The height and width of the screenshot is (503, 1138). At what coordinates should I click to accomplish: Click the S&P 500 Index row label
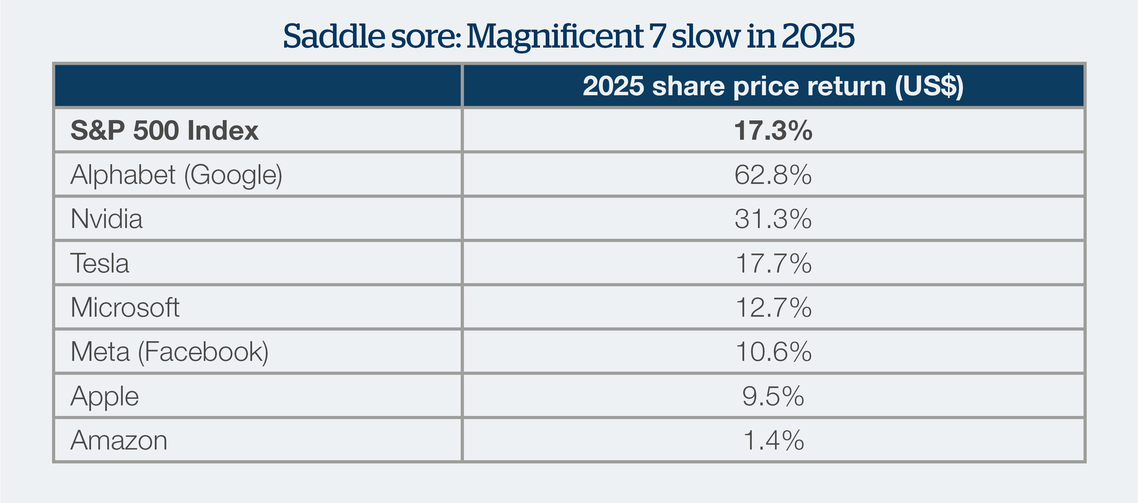(x=164, y=130)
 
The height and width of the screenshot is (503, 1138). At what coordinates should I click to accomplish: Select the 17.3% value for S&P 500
(x=773, y=130)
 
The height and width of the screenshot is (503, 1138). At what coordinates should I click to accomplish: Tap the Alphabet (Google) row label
(x=176, y=175)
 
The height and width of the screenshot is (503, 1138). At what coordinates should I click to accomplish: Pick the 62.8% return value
(x=773, y=175)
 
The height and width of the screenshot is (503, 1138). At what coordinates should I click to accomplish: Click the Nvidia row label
(x=107, y=219)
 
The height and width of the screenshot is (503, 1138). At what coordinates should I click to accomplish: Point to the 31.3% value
(x=773, y=219)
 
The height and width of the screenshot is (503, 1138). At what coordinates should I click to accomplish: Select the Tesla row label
(x=100, y=264)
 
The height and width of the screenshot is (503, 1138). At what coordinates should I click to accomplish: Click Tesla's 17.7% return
(x=773, y=264)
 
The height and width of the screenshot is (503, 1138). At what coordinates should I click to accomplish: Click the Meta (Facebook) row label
(x=169, y=352)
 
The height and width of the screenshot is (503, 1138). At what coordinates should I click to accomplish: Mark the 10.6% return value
(x=773, y=352)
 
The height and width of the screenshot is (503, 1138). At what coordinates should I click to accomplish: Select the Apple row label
(x=105, y=396)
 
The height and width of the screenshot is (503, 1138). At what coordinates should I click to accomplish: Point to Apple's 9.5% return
(x=773, y=396)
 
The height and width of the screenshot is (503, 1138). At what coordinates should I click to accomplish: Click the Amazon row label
(x=119, y=440)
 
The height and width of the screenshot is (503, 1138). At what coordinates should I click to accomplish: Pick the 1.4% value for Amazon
(x=773, y=440)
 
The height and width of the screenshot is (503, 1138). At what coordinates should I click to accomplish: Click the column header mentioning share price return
(x=773, y=86)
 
